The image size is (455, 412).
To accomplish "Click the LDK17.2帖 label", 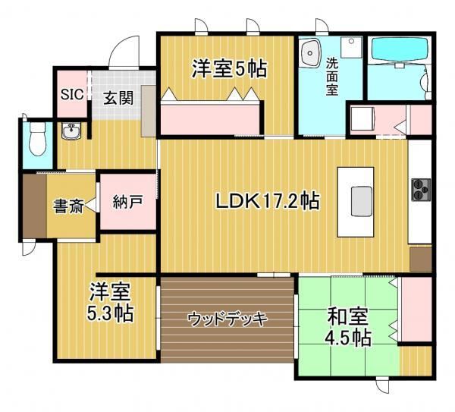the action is (267, 200).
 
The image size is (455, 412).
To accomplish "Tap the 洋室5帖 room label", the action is (229, 69).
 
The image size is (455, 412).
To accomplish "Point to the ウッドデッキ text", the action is (227, 319).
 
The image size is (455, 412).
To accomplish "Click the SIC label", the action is (72, 94).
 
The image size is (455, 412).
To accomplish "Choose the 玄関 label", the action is (118, 98).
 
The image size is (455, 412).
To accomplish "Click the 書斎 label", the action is (68, 206).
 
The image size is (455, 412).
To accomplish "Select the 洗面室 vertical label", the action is (332, 77).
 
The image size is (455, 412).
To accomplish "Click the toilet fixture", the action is (38, 139).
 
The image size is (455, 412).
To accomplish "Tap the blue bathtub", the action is (400, 51).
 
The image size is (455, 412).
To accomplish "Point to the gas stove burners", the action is (421, 190).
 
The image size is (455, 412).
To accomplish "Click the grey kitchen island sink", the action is (362, 201).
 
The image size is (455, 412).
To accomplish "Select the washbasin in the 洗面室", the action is (311, 53).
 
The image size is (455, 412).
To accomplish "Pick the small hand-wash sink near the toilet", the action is (71, 131).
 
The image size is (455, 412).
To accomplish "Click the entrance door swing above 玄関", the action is (124, 52).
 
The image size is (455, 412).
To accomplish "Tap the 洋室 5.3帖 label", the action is (111, 302).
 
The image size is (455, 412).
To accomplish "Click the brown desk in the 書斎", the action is (35, 206).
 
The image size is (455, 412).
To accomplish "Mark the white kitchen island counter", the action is (356, 202).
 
